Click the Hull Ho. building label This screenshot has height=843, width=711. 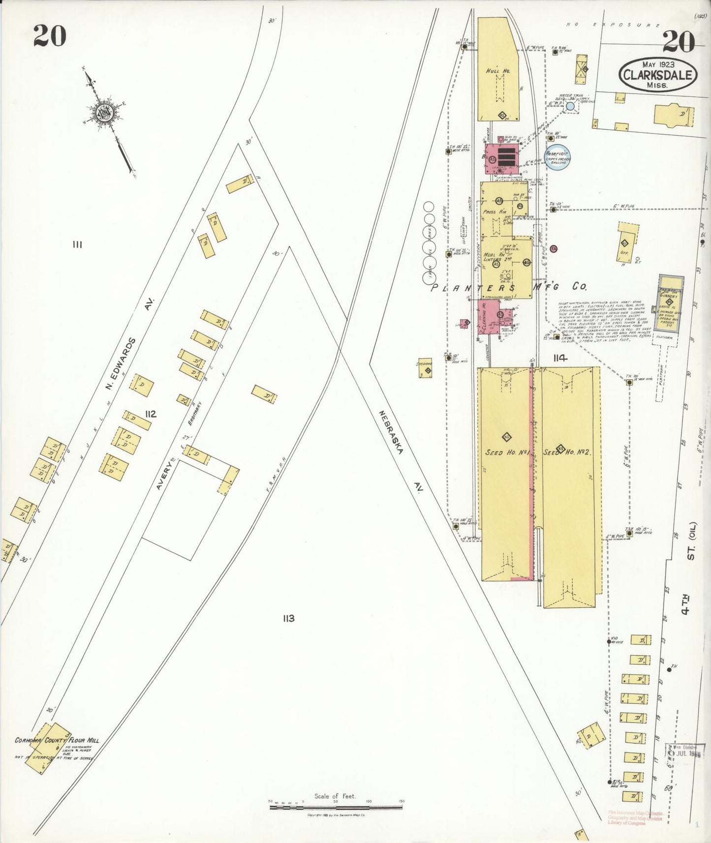point(498,71)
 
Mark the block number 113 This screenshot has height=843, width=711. point(288,618)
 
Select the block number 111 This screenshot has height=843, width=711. point(77,244)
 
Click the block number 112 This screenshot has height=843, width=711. point(151,414)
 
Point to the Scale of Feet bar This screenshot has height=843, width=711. point(335,807)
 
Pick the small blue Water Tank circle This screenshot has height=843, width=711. point(570,106)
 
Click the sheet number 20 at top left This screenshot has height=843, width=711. point(50,35)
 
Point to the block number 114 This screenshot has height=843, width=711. point(560,358)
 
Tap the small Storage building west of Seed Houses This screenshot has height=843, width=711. point(425,367)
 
